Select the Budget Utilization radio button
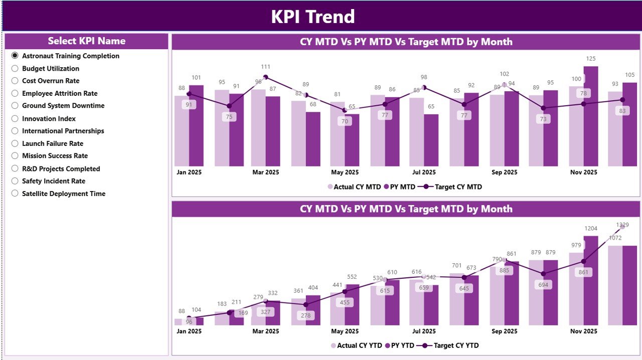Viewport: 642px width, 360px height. pos(15,69)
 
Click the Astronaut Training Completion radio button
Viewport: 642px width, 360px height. pos(15,56)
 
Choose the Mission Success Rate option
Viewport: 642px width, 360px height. pos(15,156)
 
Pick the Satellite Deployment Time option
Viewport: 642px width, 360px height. pos(15,194)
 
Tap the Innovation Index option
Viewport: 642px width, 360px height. pos(15,119)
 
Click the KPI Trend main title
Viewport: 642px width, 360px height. pos(313,17)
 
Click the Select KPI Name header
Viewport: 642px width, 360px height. pos(86,41)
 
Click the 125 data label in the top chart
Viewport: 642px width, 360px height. pos(591,59)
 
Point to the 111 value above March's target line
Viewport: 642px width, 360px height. pos(266,67)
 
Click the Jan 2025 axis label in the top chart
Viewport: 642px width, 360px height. pos(189,172)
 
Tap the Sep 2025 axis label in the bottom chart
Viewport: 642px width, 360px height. pos(504,331)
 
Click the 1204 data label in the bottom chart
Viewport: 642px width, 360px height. pos(591,229)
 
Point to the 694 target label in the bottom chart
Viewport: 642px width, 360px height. pos(544,285)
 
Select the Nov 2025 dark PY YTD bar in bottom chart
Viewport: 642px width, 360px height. pos(591,281)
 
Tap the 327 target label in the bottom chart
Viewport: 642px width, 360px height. pos(266,311)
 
